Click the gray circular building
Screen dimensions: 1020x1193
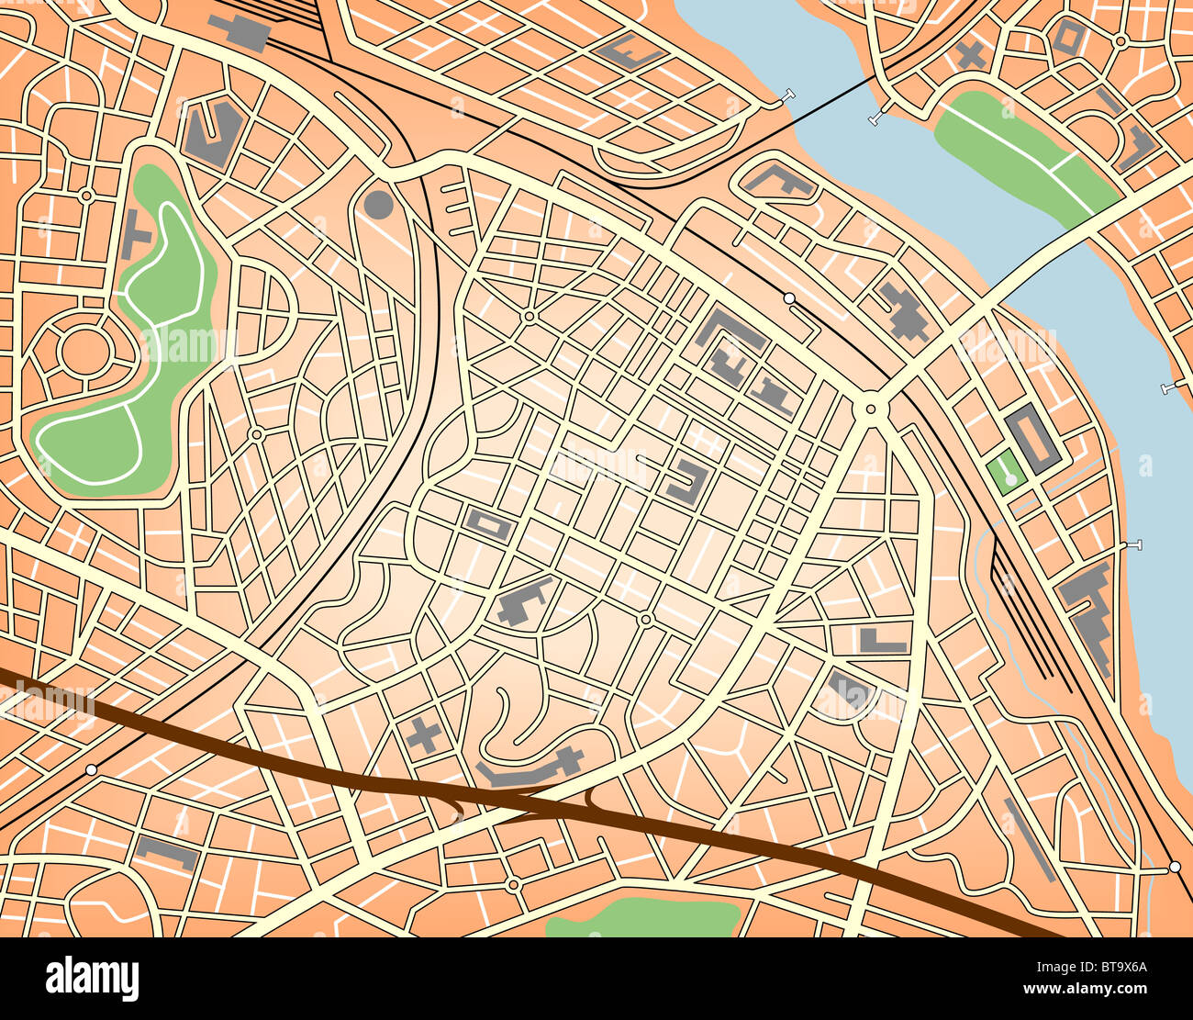click(x=378, y=204)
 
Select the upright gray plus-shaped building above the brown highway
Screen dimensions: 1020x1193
click(x=423, y=736)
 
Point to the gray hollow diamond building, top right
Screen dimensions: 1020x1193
click(x=1068, y=37)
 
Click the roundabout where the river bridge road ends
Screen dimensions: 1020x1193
click(x=869, y=407)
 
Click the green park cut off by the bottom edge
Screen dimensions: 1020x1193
click(x=642, y=918)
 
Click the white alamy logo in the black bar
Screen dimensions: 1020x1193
click(x=92, y=979)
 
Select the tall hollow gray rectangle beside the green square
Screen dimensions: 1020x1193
click(x=1032, y=440)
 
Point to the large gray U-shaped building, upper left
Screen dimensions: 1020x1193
click(x=213, y=134)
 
